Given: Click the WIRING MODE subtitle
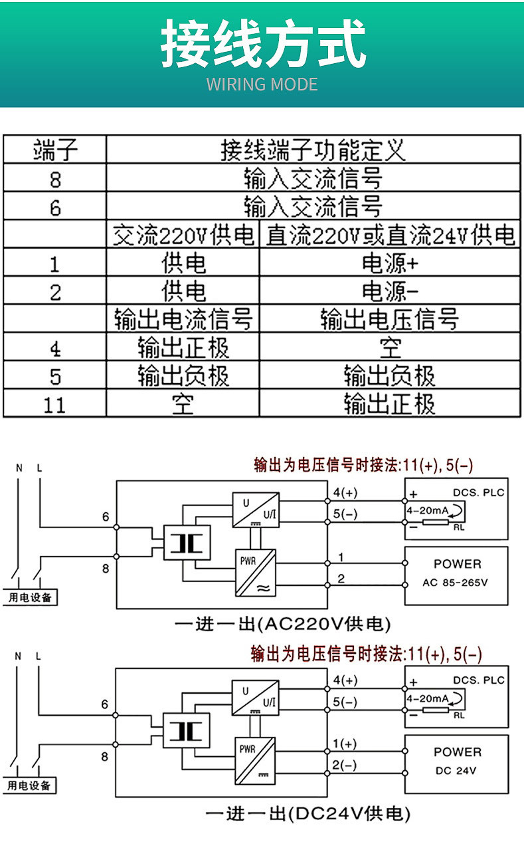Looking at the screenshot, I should pyautogui.click(x=262, y=84).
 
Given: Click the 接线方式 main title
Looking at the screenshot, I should pyautogui.click(x=263, y=44).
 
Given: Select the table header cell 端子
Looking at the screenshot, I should pyautogui.click(x=55, y=150).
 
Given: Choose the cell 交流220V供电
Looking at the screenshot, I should pyautogui.click(x=183, y=235).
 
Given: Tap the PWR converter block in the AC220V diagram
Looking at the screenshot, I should pyautogui.click(x=255, y=572).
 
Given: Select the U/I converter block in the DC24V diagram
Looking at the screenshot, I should pyautogui.click(x=255, y=698).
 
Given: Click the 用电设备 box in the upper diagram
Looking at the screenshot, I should pyautogui.click(x=30, y=597).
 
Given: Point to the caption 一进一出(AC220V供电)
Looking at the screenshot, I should pyautogui.click(x=282, y=625).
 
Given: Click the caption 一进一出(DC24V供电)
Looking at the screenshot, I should pyautogui.click(x=307, y=813).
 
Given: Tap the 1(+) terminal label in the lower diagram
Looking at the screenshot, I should pyautogui.click(x=343, y=744).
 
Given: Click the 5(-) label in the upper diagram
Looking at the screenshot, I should pyautogui.click(x=345, y=513).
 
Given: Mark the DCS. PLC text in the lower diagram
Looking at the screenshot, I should pyautogui.click(x=478, y=680).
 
